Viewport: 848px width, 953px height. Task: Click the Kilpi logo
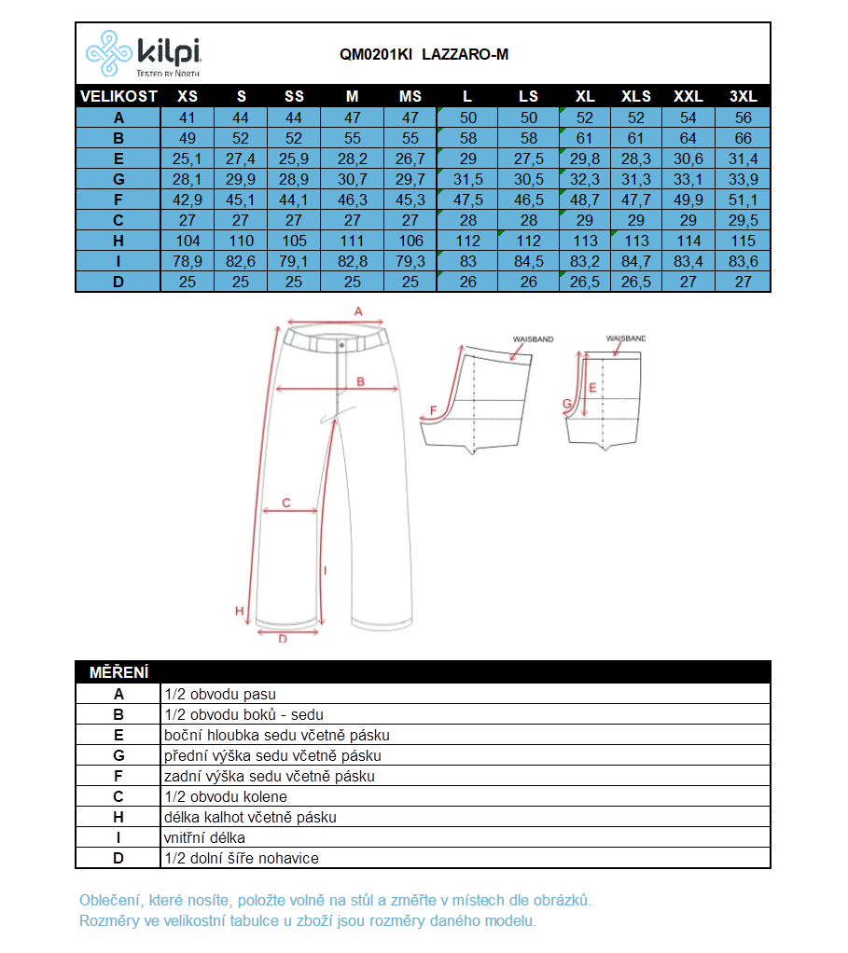point(144,53)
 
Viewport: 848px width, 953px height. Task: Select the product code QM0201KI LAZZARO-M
point(424,55)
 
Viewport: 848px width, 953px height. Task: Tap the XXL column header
point(688,96)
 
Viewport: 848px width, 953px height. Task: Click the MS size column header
point(410,96)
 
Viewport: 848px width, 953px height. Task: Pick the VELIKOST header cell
point(118,96)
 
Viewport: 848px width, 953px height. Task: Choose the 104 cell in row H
point(188,241)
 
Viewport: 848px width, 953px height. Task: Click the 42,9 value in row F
point(188,200)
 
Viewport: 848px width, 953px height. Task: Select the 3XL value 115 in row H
point(743,241)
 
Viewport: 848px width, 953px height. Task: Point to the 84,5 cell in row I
point(528,261)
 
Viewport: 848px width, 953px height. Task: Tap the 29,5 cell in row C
point(743,220)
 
